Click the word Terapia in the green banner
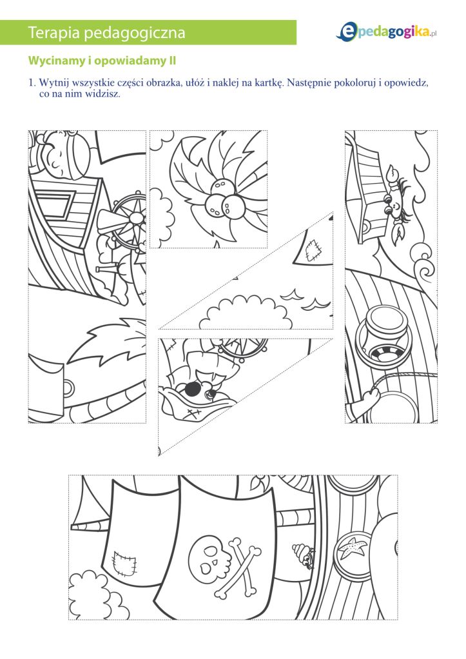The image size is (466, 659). pos(53,32)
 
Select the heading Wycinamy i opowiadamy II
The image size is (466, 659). pos(102,61)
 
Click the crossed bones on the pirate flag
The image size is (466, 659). pos(240,566)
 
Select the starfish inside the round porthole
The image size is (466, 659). pos(353,548)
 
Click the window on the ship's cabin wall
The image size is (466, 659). pos(52,205)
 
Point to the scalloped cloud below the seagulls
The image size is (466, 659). pos(246,313)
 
